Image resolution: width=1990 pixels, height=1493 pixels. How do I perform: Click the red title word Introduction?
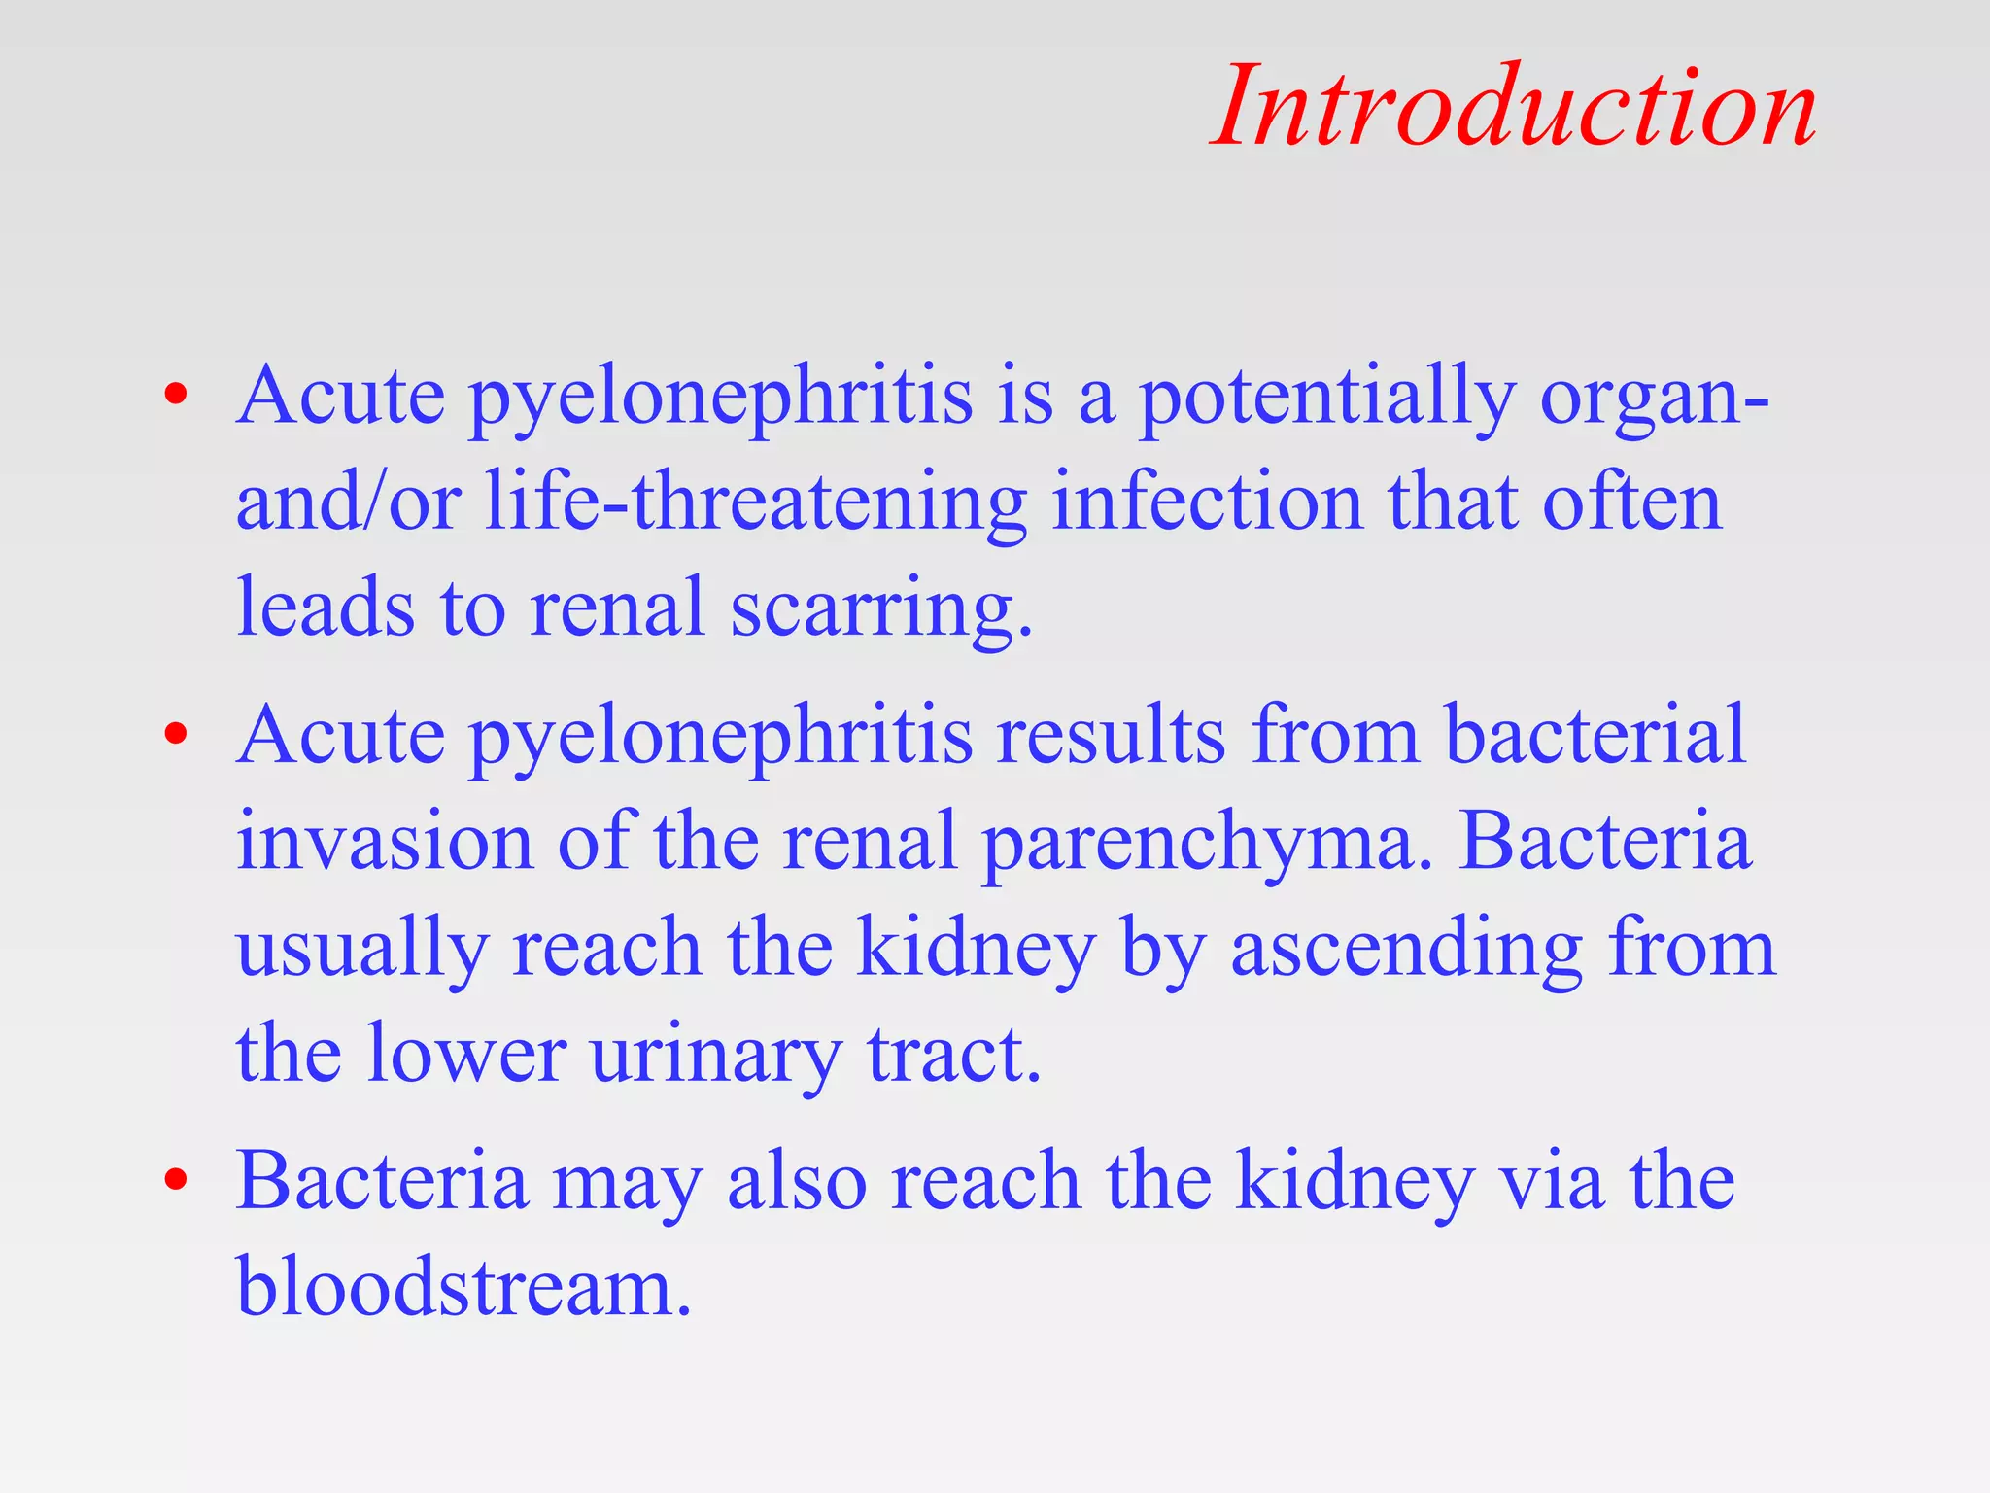pos(1514,107)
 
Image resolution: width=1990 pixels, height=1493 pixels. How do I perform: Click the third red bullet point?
pos(176,1180)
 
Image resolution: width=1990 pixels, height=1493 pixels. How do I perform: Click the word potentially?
pos(1326,399)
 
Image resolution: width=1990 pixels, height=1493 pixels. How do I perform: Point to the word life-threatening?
pos(755,503)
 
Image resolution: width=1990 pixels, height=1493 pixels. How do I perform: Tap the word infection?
pos(1207,503)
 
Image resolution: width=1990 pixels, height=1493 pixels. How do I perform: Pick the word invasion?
pos(385,841)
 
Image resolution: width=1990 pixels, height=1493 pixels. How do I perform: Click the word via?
pos(1552,1181)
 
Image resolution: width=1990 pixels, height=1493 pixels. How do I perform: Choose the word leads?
pos(326,608)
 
